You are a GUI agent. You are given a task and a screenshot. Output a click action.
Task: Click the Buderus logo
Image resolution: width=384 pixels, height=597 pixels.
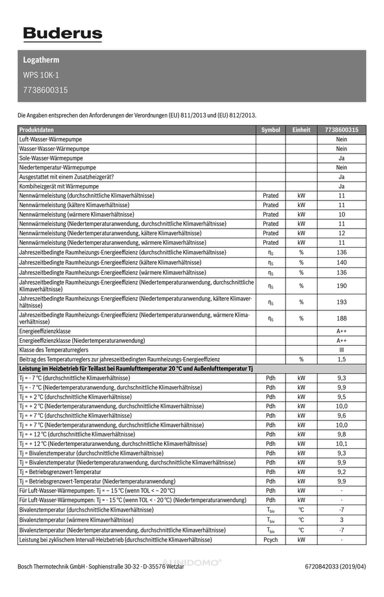pyautogui.click(x=63, y=35)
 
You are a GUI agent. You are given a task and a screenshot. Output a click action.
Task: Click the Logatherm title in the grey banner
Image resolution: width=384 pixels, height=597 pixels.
pyautogui.click(x=41, y=60)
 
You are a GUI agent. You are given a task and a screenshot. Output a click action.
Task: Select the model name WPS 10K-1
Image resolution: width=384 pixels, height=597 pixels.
pyautogui.click(x=41, y=75)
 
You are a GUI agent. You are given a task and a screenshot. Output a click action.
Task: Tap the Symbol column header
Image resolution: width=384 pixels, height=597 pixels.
pyautogui.click(x=271, y=130)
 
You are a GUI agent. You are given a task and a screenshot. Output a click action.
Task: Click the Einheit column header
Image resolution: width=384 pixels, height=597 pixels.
pyautogui.click(x=301, y=130)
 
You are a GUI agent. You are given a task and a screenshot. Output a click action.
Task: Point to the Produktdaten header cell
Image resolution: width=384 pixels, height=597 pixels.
pyautogui.click(x=36, y=130)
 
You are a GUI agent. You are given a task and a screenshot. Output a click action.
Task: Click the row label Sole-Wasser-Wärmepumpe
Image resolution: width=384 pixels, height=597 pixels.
pyautogui.click(x=51, y=158)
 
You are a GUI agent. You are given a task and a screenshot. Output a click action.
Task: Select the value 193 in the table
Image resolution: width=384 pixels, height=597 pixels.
pyautogui.click(x=342, y=302)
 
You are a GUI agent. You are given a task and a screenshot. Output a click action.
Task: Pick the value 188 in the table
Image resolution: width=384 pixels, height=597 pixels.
pyautogui.click(x=342, y=318)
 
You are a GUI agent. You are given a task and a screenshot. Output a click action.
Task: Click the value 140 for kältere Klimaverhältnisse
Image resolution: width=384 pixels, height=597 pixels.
pyautogui.click(x=342, y=262)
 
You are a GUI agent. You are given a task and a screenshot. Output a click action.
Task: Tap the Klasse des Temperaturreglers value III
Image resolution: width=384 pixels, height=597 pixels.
pyautogui.click(x=342, y=350)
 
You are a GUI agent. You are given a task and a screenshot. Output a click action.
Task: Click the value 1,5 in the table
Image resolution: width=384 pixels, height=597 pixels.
pyautogui.click(x=342, y=359)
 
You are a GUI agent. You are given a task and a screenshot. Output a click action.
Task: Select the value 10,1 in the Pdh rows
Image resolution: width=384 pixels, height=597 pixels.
pyautogui.click(x=342, y=444)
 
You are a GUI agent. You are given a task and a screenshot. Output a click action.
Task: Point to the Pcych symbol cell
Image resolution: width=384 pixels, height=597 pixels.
pyautogui.click(x=271, y=540)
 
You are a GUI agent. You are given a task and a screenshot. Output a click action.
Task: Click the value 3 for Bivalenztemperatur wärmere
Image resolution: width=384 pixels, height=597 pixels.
pyautogui.click(x=342, y=520)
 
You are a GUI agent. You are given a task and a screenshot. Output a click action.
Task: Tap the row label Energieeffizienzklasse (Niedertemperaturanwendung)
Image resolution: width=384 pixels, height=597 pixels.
pyautogui.click(x=82, y=340)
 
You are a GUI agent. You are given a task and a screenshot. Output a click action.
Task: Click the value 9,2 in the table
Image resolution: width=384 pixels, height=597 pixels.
pyautogui.click(x=342, y=472)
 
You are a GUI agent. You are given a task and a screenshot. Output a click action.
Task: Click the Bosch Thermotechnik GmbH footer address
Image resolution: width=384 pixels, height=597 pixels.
pyautogui.click(x=100, y=567)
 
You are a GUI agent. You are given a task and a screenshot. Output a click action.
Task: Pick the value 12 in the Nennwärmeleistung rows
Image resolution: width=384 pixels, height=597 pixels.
pyautogui.click(x=342, y=233)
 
